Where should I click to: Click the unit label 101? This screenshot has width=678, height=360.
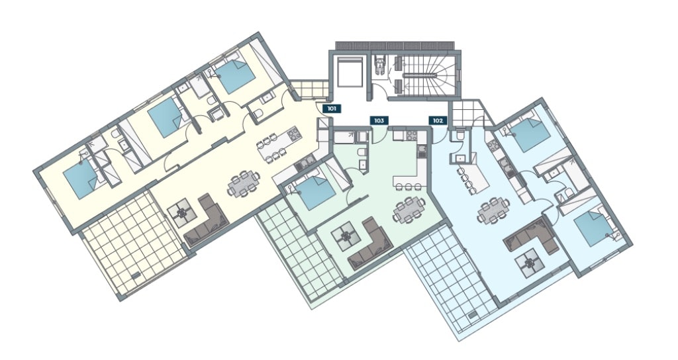(332, 109)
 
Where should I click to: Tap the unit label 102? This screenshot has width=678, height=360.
(438, 120)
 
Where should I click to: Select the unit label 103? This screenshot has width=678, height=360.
(379, 120)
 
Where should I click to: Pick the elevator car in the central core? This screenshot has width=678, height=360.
(349, 71)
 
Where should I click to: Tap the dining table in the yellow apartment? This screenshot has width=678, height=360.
(244, 184)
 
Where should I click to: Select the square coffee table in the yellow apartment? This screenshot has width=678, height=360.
(182, 212)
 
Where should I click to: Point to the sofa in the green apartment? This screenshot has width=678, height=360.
(370, 245)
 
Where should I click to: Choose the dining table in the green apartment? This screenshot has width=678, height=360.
(408, 210)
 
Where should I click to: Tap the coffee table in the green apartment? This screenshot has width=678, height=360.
(346, 236)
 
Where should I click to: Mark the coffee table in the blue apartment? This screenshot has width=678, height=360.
(528, 263)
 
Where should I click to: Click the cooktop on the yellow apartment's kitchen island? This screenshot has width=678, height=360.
(293, 134)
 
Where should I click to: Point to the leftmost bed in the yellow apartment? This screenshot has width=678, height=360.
(81, 179)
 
